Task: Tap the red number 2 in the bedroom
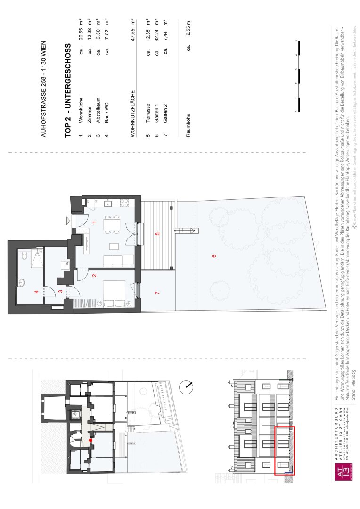coord(94,275)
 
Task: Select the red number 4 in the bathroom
coord(36,292)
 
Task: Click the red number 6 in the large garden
coord(214,256)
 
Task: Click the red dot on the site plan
coord(90,440)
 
